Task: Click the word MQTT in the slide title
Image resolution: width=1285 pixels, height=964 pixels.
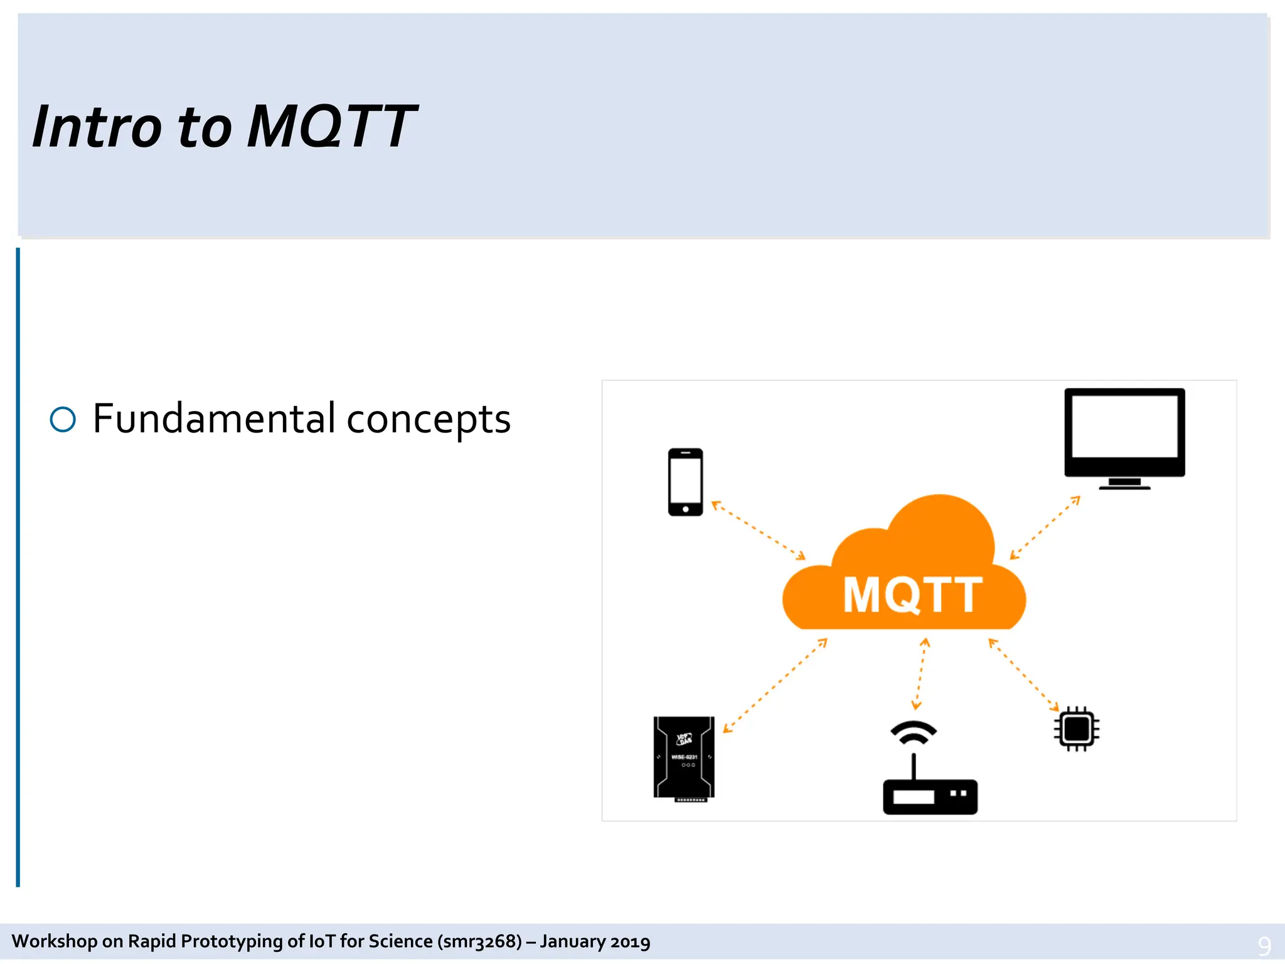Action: tap(331, 127)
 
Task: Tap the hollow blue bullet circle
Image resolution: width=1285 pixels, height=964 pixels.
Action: tap(63, 419)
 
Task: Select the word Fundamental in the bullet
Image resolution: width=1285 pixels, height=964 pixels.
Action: tap(214, 419)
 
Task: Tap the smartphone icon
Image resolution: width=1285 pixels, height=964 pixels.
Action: tap(685, 482)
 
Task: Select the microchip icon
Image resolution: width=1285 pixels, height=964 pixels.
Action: tap(1077, 729)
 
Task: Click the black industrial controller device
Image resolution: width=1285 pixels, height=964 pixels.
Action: tap(684, 758)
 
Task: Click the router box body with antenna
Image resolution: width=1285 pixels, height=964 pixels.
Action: tap(930, 795)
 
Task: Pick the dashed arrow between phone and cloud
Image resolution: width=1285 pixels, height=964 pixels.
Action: tap(758, 530)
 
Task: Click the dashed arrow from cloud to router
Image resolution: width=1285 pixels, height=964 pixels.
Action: tap(920, 674)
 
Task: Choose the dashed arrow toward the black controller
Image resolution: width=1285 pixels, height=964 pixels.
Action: tap(775, 685)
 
